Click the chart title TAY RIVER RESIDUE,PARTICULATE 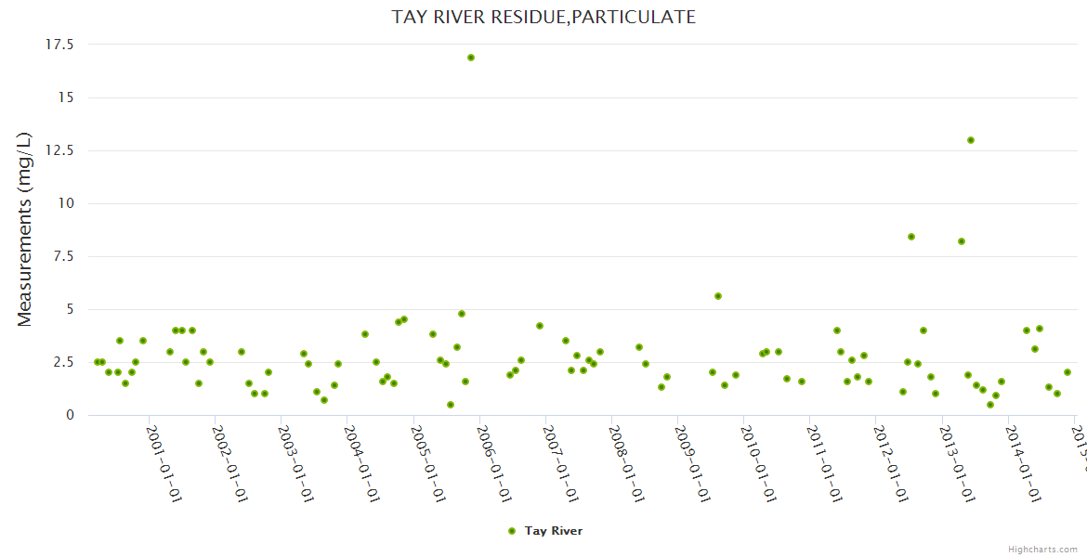point(543,17)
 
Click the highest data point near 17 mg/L point(471,58)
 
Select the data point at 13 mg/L point(971,140)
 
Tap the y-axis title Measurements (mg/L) point(25,229)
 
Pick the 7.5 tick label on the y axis point(63,256)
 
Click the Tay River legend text point(554,531)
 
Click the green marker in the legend point(512,531)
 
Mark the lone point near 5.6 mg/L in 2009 point(718,296)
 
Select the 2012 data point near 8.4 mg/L point(911,237)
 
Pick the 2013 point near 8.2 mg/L point(962,241)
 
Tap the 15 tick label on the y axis point(66,97)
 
